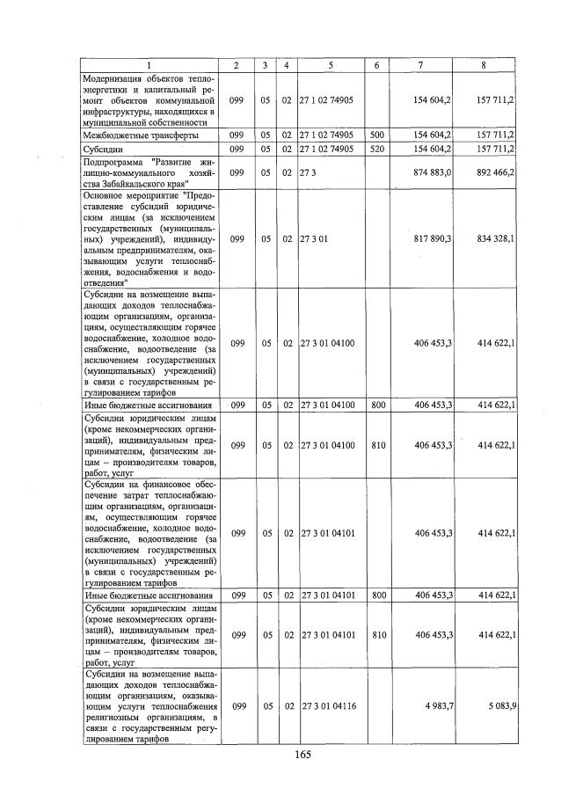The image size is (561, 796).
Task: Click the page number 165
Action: (x=302, y=754)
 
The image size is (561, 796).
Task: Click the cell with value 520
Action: (x=375, y=150)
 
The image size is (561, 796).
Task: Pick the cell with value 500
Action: (x=375, y=135)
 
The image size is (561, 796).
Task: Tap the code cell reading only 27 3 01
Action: (x=314, y=237)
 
